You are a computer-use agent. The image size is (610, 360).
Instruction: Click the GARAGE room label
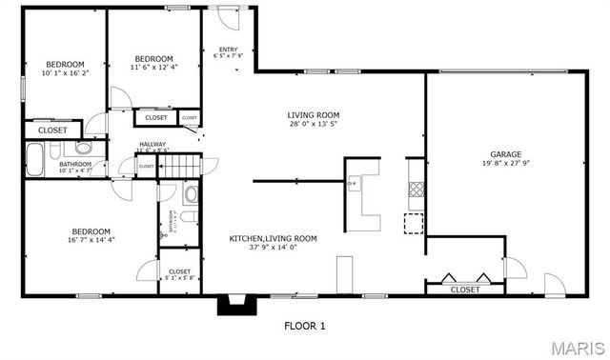pos(505,153)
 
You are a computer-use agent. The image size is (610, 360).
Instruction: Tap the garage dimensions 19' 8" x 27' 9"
pos(505,163)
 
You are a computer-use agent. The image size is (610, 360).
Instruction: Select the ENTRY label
pos(229,50)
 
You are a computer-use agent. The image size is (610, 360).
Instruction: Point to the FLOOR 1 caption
pos(305,326)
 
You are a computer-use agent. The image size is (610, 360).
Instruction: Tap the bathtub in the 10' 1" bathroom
pos(35,159)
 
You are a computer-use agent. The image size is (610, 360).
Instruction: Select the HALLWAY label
pos(152,144)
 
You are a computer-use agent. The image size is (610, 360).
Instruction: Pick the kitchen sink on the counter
pos(353,183)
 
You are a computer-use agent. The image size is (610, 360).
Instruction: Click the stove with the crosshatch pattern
pos(416,188)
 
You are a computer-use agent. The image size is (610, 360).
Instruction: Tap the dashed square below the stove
pos(414,223)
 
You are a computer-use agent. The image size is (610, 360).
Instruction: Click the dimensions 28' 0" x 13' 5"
pos(314,125)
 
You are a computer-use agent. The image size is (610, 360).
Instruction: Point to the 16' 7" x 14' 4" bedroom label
pos(91,236)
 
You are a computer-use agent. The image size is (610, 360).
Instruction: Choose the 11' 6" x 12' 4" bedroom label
pos(153,63)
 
